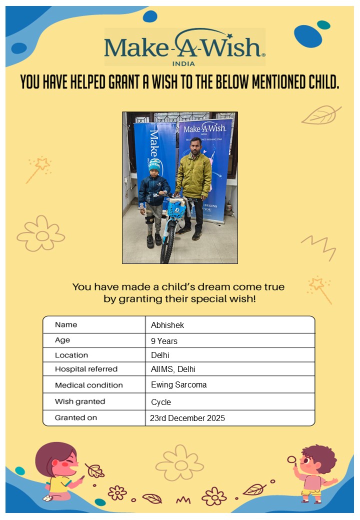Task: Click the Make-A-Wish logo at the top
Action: click(x=184, y=46)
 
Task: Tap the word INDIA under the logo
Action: click(x=183, y=63)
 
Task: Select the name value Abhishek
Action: click(x=167, y=325)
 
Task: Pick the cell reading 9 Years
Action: click(x=164, y=341)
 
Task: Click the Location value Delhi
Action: click(x=160, y=355)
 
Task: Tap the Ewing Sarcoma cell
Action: click(x=178, y=385)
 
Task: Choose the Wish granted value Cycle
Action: click(x=161, y=402)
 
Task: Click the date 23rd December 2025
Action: click(x=187, y=418)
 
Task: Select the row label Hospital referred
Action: click(x=86, y=369)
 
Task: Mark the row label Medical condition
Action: click(x=88, y=385)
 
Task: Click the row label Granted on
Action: click(x=76, y=417)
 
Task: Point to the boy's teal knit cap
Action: click(x=154, y=165)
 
